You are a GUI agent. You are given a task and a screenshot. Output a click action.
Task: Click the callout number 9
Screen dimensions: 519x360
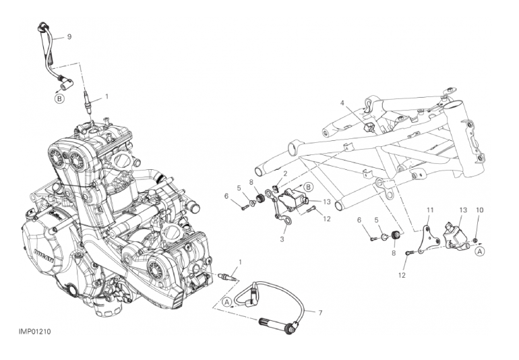[x=69, y=37]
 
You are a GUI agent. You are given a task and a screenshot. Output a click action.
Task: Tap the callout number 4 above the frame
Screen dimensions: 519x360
[x=342, y=103]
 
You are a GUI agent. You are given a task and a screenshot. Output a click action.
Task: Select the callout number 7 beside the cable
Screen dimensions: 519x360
[x=320, y=313]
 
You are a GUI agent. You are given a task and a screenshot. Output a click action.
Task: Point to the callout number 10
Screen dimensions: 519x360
[x=480, y=210]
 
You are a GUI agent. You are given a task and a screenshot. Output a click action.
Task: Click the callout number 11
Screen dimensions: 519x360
[x=429, y=210]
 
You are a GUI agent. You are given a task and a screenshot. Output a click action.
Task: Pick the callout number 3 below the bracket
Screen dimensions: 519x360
[x=282, y=239]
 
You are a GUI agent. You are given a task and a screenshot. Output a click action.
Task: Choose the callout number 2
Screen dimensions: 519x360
[x=285, y=173]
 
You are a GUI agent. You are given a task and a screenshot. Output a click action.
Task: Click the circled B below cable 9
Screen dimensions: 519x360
[x=59, y=98]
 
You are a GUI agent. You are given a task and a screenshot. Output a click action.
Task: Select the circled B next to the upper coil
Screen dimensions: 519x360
[x=308, y=187]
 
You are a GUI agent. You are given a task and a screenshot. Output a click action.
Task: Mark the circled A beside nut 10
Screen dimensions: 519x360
[x=480, y=251]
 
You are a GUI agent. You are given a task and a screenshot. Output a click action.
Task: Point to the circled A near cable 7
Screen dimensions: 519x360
[x=227, y=302]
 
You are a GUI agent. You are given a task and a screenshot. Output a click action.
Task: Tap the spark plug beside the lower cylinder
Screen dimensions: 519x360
[x=228, y=277]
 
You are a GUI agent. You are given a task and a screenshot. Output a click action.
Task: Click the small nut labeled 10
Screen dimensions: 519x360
[x=476, y=239]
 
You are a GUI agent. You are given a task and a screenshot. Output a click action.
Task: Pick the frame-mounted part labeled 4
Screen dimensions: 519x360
[x=369, y=127]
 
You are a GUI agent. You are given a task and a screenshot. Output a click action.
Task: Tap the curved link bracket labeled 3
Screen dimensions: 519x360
[x=280, y=212]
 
